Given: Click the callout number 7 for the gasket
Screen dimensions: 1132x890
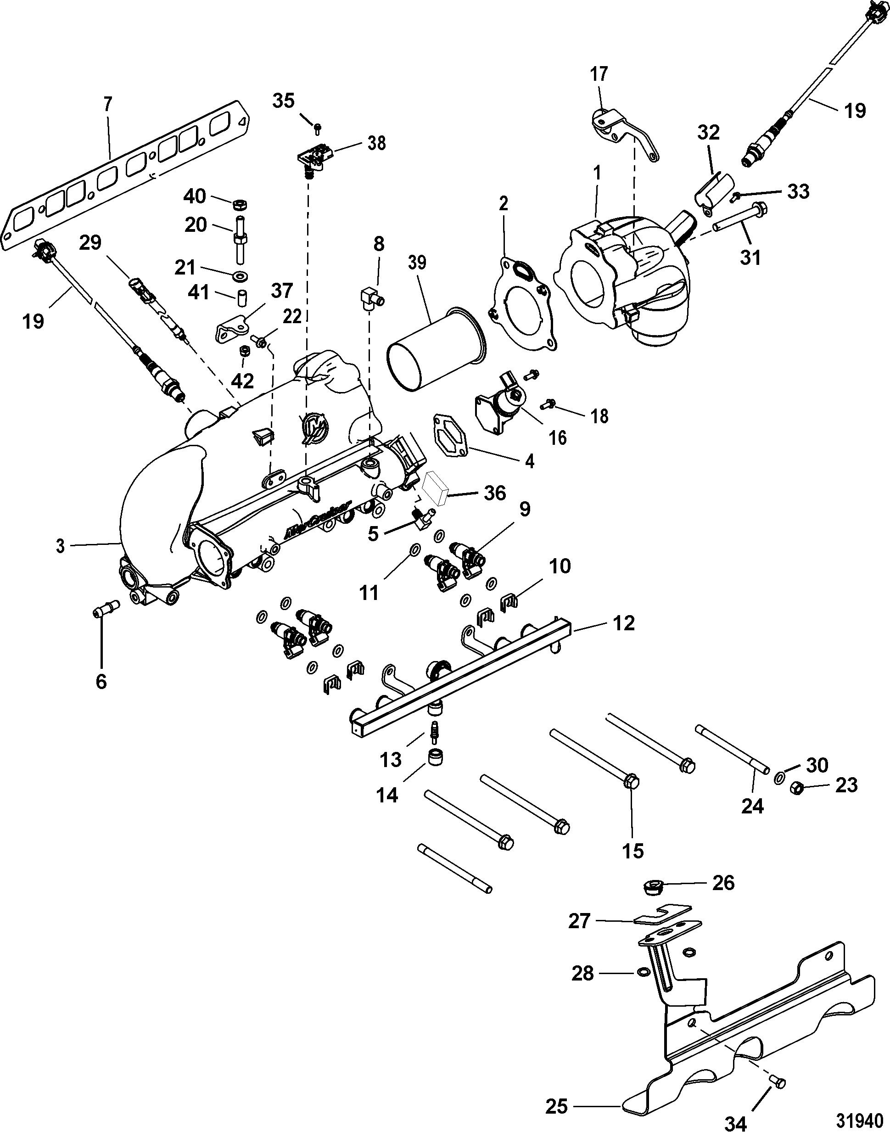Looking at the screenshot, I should point(107,105).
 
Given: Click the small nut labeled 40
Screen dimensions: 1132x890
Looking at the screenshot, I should point(241,203).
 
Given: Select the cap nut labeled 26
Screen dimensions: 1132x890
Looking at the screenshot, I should point(651,886).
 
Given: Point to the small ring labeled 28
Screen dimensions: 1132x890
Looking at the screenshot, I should point(642,972).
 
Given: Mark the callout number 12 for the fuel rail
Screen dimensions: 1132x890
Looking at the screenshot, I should point(624,623).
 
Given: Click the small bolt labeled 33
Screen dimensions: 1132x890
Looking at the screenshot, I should point(737,196).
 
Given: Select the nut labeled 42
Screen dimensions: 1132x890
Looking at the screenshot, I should point(243,350).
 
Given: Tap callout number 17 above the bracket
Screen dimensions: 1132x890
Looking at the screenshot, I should point(599,74).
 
